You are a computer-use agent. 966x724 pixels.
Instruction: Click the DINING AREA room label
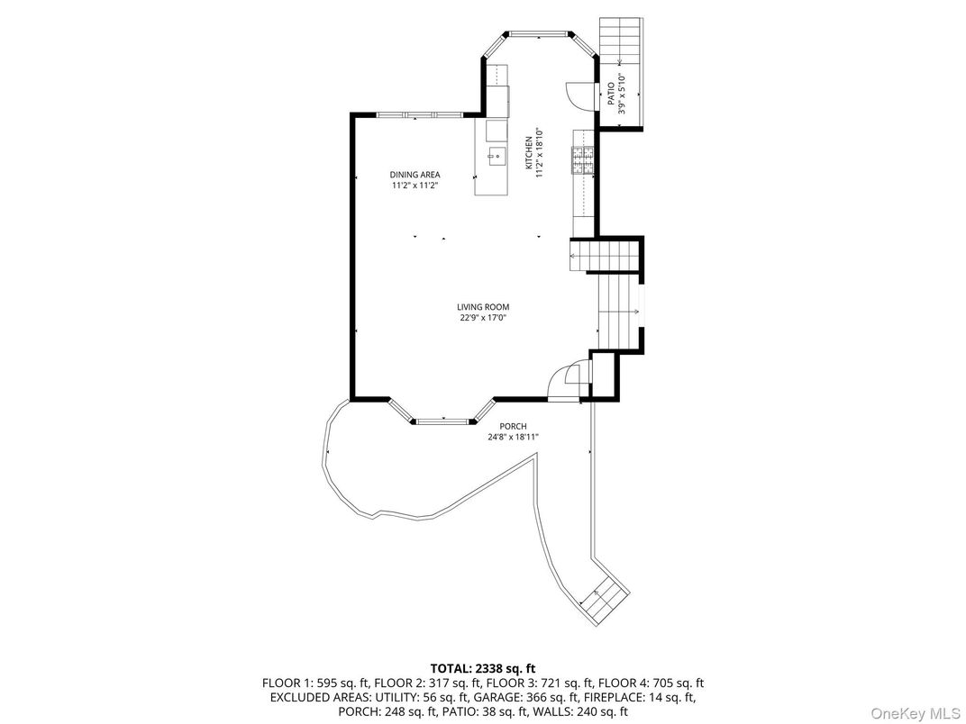[x=415, y=175]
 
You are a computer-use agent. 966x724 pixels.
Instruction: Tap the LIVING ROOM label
[x=483, y=307]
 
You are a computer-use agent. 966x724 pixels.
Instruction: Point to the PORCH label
[x=514, y=427]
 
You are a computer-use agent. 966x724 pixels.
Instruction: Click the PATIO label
[x=610, y=93]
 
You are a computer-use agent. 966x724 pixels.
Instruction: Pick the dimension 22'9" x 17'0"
[x=483, y=318]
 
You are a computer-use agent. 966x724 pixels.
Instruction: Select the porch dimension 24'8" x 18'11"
[x=514, y=438]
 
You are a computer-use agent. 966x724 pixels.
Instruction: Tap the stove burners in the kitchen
[x=582, y=159]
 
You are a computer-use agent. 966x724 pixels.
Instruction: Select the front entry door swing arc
[x=566, y=378]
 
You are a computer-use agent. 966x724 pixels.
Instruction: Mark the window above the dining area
[x=418, y=114]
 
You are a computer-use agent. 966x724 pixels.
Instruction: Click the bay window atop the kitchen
[x=539, y=36]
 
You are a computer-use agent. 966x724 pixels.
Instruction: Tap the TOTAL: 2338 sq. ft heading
[x=483, y=668]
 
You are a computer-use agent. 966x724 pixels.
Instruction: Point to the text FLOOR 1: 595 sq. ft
[x=311, y=683]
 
